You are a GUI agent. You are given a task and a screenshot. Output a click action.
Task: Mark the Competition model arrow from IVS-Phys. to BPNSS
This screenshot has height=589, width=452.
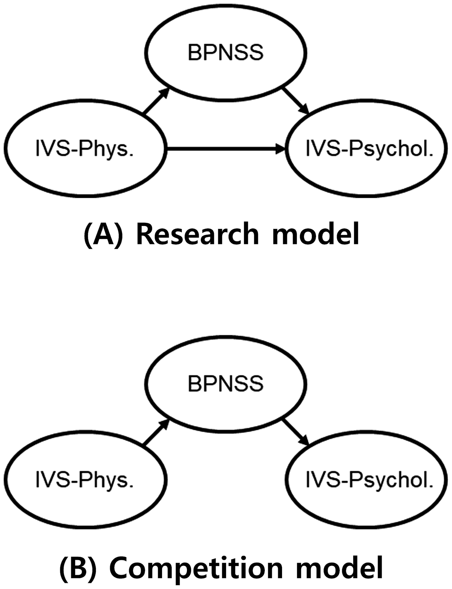pyautogui.click(x=156, y=433)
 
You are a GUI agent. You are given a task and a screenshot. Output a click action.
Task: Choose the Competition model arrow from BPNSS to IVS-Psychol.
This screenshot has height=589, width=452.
pyautogui.click(x=296, y=432)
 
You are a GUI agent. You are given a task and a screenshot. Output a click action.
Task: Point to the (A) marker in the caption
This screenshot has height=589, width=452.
pyautogui.click(x=103, y=235)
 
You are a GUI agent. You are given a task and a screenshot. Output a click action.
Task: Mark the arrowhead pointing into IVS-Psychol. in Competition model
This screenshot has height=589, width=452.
pyautogui.click(x=305, y=441)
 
